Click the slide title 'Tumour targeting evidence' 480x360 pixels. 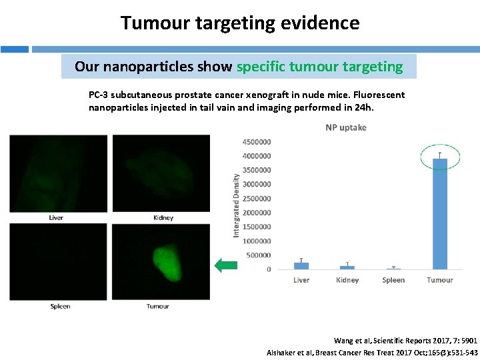[x=240, y=23]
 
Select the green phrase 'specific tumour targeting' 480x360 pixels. [x=319, y=67]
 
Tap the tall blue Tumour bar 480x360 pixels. [x=439, y=213]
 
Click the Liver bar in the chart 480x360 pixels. [x=301, y=265]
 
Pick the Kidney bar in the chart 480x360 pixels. [x=347, y=267]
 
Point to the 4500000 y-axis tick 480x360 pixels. [x=257, y=142]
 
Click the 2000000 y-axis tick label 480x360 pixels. [x=257, y=213]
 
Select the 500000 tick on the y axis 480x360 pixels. [x=259, y=255]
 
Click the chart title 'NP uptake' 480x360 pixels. [x=345, y=127]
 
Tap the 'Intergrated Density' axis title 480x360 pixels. [x=236, y=205]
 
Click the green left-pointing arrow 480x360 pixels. [x=225, y=265]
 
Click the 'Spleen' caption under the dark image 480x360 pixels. [x=60, y=306]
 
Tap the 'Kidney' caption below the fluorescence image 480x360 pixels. [x=163, y=217]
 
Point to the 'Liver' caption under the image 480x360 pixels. [x=56, y=217]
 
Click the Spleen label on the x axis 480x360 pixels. [x=393, y=280]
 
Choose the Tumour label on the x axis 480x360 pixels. [x=439, y=280]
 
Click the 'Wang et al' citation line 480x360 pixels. [x=405, y=341]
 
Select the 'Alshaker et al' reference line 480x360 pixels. [x=371, y=352]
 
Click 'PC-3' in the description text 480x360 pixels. [x=99, y=95]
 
